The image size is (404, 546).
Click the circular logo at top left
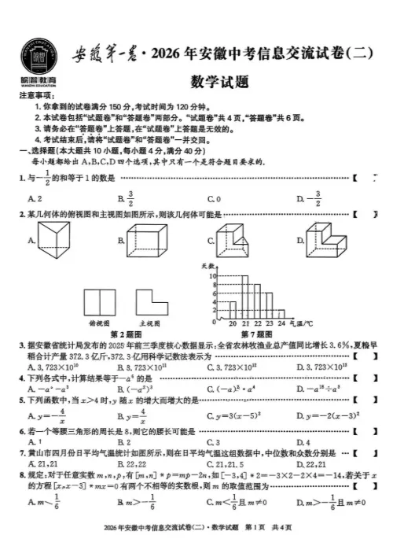(x=37, y=53)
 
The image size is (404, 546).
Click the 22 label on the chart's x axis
(x=257, y=323)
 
